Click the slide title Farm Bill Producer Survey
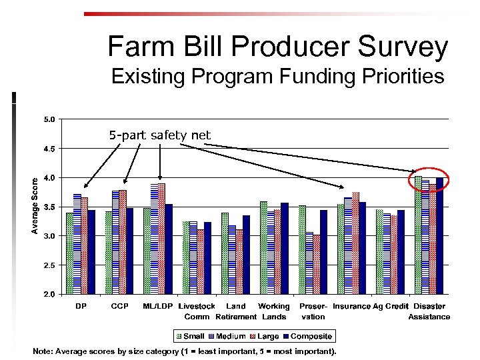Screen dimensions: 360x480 click(277, 47)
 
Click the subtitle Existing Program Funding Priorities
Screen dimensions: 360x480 click(277, 77)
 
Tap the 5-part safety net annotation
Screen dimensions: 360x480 click(160, 135)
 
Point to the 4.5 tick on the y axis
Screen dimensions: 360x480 click(49, 149)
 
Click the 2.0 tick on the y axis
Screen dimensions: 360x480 click(49, 294)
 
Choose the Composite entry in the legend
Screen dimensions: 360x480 click(307, 337)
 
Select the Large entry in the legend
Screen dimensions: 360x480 click(265, 337)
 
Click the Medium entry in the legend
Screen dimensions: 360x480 click(227, 337)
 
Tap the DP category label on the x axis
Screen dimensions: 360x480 click(81, 307)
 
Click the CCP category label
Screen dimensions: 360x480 click(120, 307)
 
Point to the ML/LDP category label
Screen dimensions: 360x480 click(159, 307)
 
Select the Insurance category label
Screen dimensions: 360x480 click(352, 307)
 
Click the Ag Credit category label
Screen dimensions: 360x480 click(391, 307)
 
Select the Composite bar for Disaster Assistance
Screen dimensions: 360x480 click(439, 236)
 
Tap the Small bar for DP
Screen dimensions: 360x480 click(69, 253)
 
